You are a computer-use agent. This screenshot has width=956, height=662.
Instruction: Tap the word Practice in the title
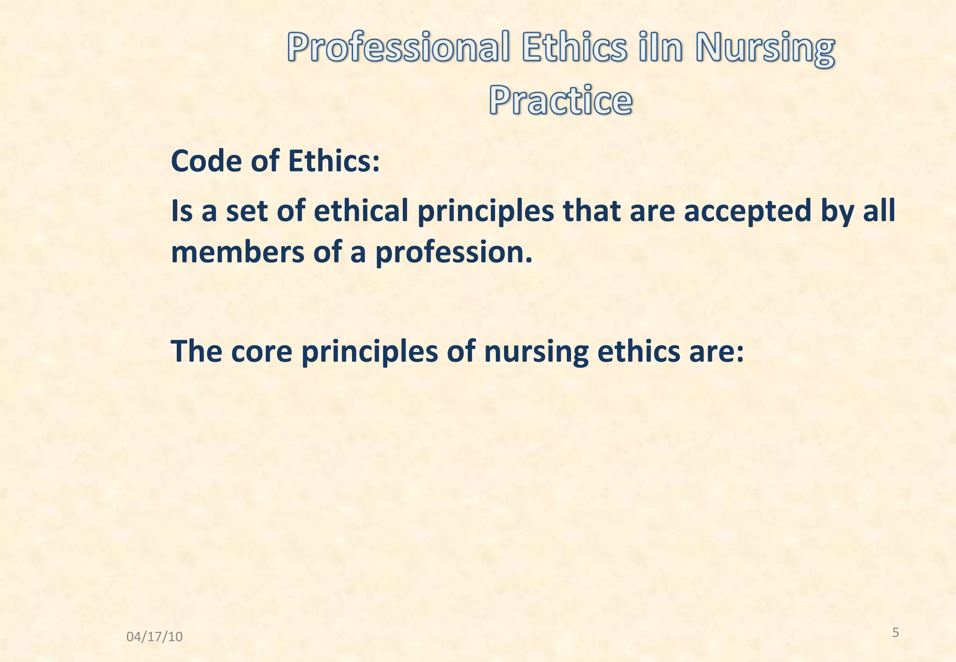(x=561, y=100)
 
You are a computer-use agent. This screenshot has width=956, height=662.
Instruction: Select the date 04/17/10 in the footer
(x=155, y=636)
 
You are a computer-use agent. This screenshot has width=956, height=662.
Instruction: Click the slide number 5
(x=895, y=633)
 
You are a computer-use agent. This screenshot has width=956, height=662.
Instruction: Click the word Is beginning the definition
(x=182, y=211)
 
